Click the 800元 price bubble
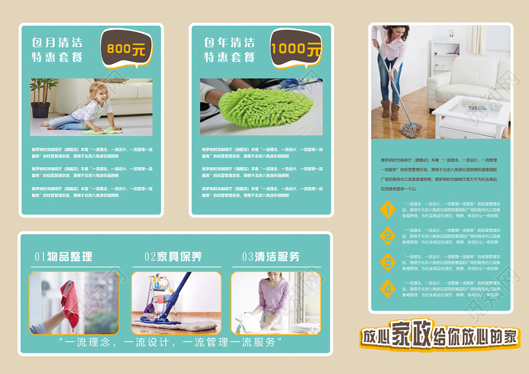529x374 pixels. (x=125, y=48)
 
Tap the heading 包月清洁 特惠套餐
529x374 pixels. (x=57, y=50)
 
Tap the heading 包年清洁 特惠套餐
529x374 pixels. (x=229, y=50)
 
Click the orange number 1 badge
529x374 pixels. (x=387, y=210)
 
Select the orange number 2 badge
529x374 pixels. (x=387, y=236)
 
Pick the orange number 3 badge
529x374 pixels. (x=387, y=262)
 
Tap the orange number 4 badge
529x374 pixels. (x=387, y=288)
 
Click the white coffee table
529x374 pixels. (x=471, y=114)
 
